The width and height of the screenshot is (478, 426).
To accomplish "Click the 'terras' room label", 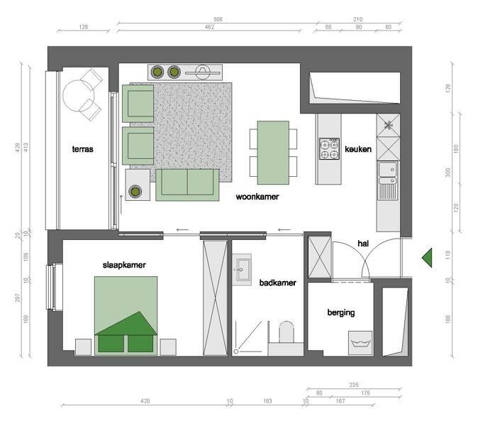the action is click(x=82, y=149).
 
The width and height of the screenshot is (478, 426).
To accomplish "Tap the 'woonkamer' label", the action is click(x=257, y=197).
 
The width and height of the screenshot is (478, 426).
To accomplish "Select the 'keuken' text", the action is click(x=358, y=149).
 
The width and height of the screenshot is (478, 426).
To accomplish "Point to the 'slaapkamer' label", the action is click(x=124, y=265).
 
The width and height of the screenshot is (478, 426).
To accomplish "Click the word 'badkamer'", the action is click(x=278, y=283).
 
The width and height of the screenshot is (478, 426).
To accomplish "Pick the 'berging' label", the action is click(x=341, y=313).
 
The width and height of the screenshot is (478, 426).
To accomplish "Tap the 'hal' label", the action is click(x=363, y=244).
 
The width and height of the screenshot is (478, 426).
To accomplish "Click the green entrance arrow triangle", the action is click(x=428, y=258).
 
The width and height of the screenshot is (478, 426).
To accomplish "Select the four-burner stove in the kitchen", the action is click(x=329, y=149).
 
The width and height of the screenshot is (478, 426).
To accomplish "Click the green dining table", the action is click(x=273, y=153).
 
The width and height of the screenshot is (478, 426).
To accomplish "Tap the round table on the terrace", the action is click(x=78, y=96).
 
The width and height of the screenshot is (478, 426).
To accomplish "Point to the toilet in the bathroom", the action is click(x=287, y=332).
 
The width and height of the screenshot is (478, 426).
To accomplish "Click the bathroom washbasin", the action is click(x=243, y=270).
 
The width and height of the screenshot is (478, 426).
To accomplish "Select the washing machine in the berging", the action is click(x=360, y=343).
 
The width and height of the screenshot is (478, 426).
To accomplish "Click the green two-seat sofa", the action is click(x=187, y=185).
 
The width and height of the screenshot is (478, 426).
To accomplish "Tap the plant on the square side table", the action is click(x=135, y=192).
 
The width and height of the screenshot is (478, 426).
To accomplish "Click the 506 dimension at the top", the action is click(x=218, y=19).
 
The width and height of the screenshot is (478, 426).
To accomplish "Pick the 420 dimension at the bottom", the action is click(x=145, y=401).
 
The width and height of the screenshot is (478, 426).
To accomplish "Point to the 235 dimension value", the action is click(x=354, y=385).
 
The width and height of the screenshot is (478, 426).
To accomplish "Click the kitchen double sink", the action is click(x=387, y=173).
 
